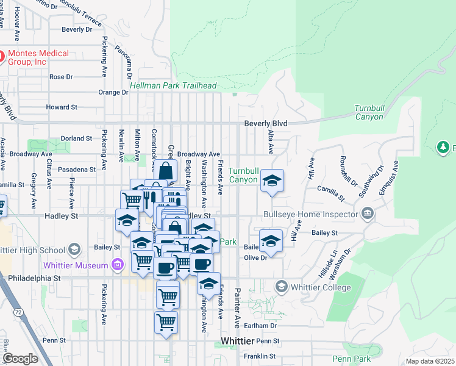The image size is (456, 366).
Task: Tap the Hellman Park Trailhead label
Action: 173,86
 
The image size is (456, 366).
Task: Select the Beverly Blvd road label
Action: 265,123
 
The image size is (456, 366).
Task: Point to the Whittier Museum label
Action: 75,265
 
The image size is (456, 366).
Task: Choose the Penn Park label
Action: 352,359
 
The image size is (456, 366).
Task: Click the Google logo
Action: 20,359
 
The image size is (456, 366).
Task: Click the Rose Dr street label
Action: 61,77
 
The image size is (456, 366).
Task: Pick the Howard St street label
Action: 62,107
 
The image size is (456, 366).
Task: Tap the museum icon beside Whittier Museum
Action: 118,265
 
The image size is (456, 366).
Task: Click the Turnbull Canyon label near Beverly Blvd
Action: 369,113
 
